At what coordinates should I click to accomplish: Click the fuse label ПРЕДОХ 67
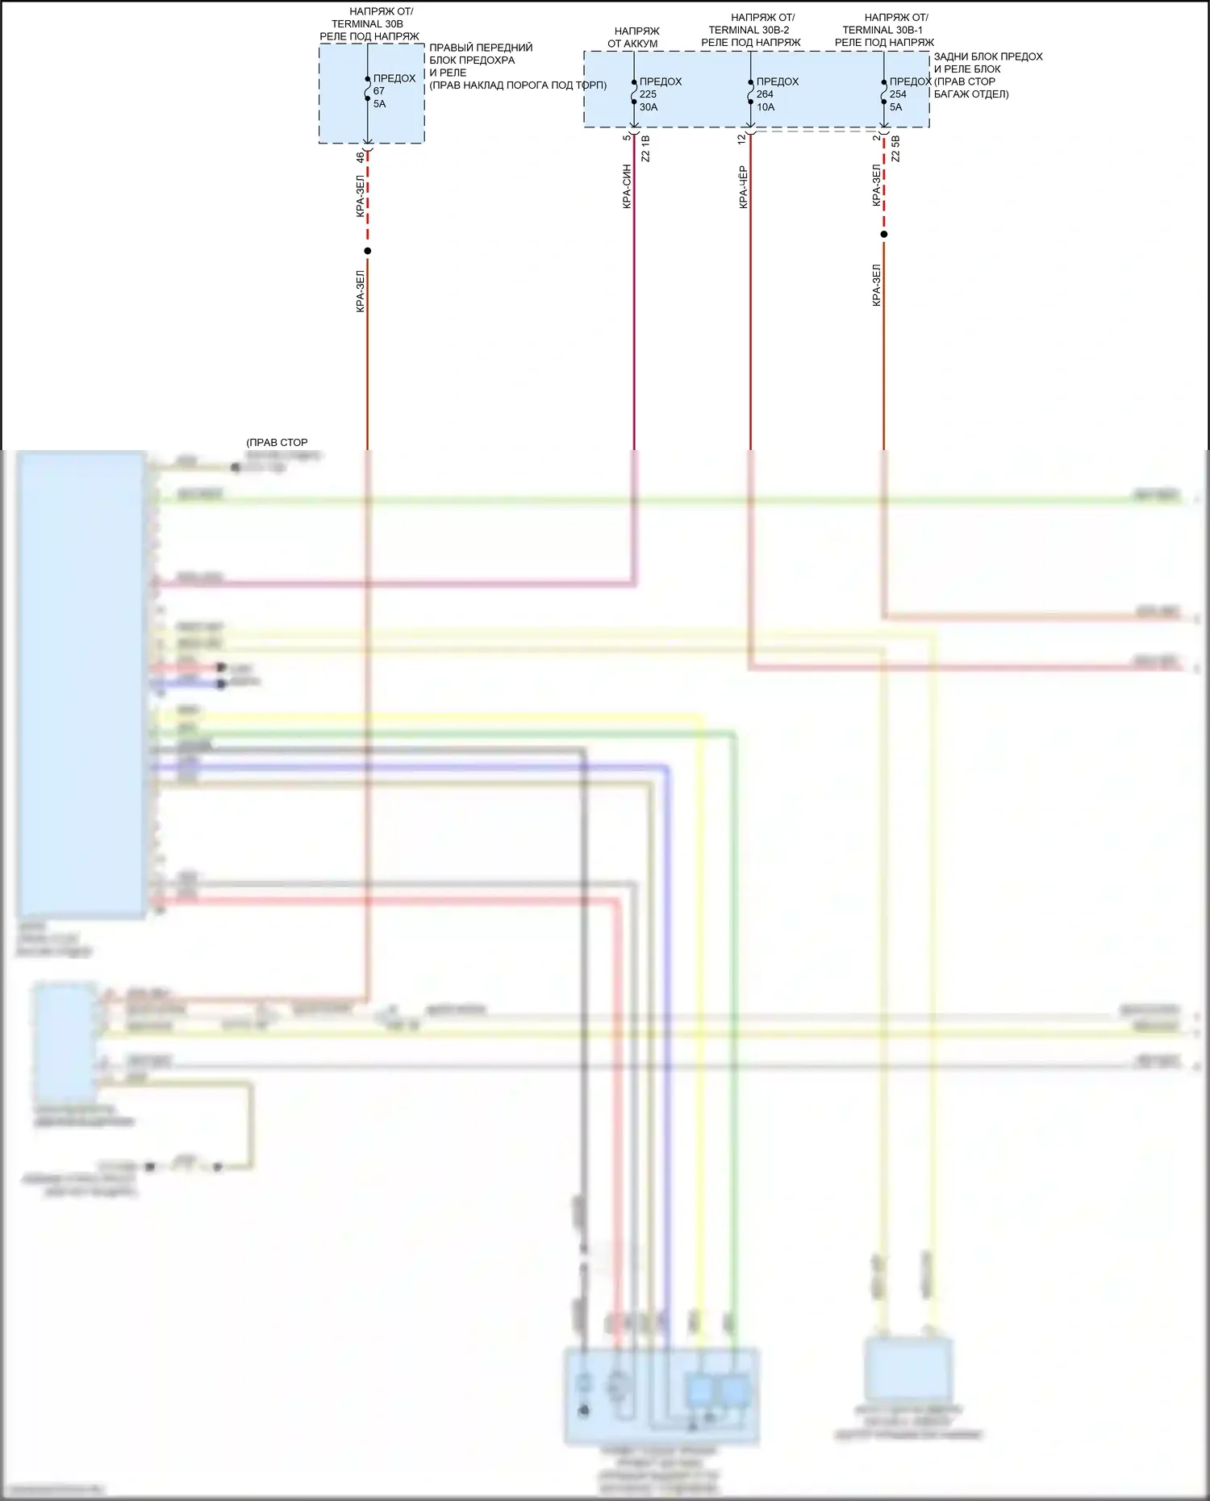point(394,85)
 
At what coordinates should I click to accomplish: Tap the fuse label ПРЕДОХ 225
point(660,88)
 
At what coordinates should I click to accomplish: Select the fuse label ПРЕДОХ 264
point(777,88)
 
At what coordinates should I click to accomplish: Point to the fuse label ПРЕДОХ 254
point(910,88)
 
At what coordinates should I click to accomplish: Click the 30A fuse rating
point(649,106)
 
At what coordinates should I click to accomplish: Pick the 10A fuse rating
point(766,106)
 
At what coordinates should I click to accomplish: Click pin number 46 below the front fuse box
point(361,158)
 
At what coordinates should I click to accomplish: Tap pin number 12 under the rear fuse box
point(742,140)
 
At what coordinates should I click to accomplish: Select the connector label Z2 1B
point(645,149)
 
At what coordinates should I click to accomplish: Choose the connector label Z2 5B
point(895,149)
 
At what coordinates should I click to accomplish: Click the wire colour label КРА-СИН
point(627,187)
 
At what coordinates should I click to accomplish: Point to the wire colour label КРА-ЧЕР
point(743,187)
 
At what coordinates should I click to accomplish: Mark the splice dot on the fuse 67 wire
point(367,251)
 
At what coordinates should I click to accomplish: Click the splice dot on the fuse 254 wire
point(883,235)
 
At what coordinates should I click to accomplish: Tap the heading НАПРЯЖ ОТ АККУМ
point(633,37)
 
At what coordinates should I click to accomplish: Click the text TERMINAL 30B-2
point(749,30)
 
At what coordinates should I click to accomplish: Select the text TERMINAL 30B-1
point(882,30)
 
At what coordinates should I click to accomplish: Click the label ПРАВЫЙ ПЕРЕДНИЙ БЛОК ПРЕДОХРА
point(481,54)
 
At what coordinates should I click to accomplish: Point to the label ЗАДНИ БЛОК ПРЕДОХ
point(988,56)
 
